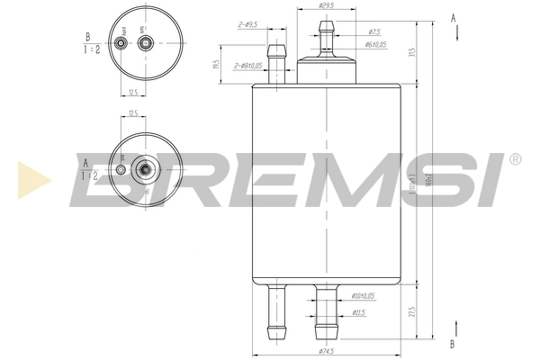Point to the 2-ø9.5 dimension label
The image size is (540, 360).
247,25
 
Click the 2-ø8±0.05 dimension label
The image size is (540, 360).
249,66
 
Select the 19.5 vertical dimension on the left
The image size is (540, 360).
216,65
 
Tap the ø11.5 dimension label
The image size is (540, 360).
358,313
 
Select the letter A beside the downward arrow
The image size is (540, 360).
453,16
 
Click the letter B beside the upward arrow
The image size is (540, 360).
453,344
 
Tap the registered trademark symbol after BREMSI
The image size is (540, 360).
515,160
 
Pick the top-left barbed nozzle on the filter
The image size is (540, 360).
278,63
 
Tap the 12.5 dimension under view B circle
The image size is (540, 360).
131,92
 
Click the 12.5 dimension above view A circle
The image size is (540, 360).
132,113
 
